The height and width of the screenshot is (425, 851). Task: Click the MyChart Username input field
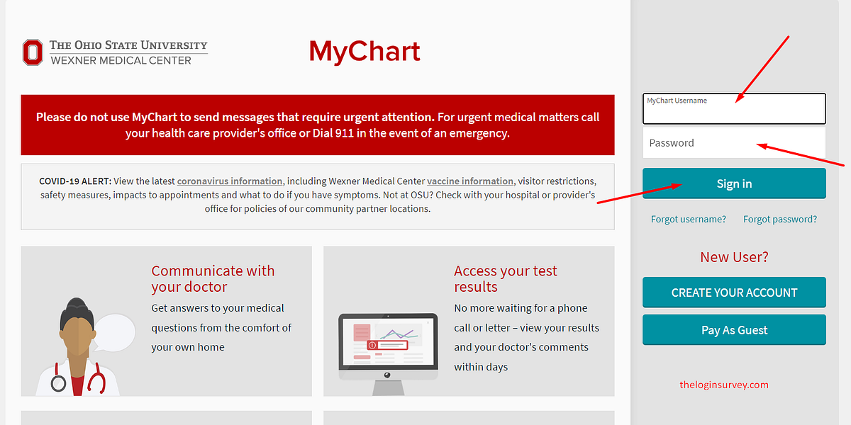734,108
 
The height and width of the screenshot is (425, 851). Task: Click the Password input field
734,142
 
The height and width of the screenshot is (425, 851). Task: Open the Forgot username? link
688,220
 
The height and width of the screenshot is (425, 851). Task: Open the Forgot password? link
780,220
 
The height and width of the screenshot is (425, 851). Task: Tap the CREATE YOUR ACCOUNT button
734,292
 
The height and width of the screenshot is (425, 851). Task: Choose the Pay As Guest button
734,330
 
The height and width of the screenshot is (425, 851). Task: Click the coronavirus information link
230,181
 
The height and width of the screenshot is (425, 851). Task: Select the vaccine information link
470,181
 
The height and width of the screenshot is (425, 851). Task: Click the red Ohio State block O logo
33,52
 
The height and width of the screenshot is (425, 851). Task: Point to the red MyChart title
365,51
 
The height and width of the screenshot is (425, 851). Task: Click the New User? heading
734,257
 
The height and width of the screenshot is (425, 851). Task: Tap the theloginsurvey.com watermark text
724,385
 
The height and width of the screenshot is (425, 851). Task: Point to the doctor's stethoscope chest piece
58,383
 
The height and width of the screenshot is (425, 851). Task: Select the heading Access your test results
505,279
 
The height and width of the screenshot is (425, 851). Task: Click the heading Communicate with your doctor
213,279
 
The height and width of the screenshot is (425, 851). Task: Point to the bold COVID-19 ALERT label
75,181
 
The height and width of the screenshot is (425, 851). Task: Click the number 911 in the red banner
344,133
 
